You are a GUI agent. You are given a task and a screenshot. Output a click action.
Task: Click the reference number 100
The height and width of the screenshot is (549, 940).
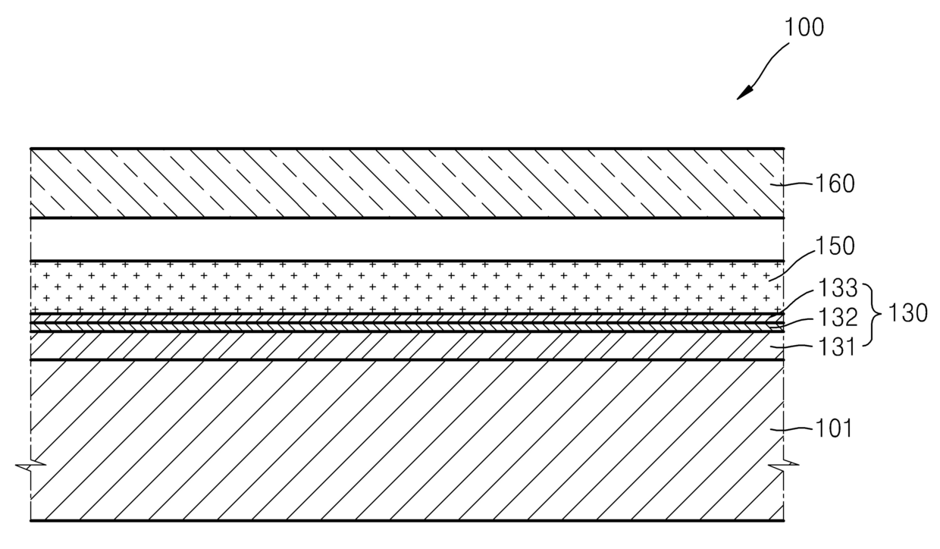tap(804, 28)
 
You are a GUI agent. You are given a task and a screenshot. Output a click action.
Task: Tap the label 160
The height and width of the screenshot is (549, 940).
tap(835, 184)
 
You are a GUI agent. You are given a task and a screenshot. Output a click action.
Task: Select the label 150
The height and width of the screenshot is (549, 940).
tap(835, 246)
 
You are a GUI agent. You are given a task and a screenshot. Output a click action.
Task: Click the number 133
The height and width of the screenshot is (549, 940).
tap(837, 288)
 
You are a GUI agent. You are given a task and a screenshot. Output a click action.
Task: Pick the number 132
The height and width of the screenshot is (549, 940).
tap(837, 317)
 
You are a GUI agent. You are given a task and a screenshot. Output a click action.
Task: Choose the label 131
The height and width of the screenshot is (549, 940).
tap(836, 347)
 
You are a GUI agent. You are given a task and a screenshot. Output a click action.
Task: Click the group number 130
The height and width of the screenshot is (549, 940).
tap(907, 313)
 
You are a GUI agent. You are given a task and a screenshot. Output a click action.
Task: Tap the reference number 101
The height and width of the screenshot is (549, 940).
tap(833, 428)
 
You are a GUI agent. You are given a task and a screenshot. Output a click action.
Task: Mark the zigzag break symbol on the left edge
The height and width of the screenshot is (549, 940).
tap(30, 465)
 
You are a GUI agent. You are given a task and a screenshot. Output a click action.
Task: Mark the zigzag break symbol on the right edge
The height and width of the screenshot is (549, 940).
tap(784, 465)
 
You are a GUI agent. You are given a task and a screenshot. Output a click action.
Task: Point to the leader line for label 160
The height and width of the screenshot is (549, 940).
tap(792, 184)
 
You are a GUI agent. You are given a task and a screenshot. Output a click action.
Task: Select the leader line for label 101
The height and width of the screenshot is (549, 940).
tap(792, 429)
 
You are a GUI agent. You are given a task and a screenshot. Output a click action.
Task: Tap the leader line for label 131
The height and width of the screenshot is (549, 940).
tap(793, 347)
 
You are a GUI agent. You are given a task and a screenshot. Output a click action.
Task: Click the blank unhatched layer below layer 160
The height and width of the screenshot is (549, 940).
tap(407, 240)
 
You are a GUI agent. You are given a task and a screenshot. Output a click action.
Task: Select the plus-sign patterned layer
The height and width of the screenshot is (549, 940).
tap(407, 287)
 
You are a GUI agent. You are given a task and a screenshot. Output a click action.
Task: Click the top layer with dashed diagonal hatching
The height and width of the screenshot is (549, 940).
tap(407, 183)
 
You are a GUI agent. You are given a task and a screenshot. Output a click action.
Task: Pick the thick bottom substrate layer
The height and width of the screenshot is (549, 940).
tap(407, 441)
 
